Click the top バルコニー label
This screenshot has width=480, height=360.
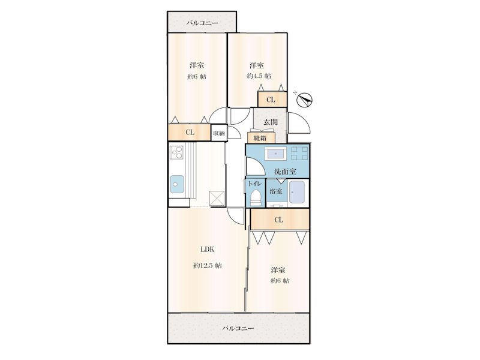pyautogui.click(x=202, y=23)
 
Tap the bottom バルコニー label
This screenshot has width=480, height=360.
pyautogui.click(x=238, y=328)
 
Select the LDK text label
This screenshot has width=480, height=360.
pyautogui.click(x=207, y=250)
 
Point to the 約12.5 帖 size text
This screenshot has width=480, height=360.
pyautogui.click(x=208, y=265)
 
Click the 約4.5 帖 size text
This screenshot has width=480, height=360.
pyautogui.click(x=259, y=76)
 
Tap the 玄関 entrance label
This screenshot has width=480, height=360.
pyautogui.click(x=271, y=122)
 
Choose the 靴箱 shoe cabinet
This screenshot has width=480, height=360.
pyautogui.click(x=262, y=138)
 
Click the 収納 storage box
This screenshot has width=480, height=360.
pyautogui.click(x=219, y=133)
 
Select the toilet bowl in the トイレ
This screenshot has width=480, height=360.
pyautogui.click(x=256, y=198)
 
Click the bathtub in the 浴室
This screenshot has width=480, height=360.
pyautogui.click(x=297, y=192)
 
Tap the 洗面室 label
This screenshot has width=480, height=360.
pyautogui.click(x=285, y=172)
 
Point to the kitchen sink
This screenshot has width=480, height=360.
pyautogui.click(x=177, y=184)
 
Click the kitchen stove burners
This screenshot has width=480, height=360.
pyautogui.click(x=176, y=152)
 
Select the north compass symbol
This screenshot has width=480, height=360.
pyautogui.click(x=305, y=100)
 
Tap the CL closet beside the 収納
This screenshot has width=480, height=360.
pyautogui.click(x=190, y=133)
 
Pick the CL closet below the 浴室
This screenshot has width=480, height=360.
pyautogui.click(x=280, y=219)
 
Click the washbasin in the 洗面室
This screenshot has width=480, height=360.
pyautogui.click(x=275, y=154)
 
